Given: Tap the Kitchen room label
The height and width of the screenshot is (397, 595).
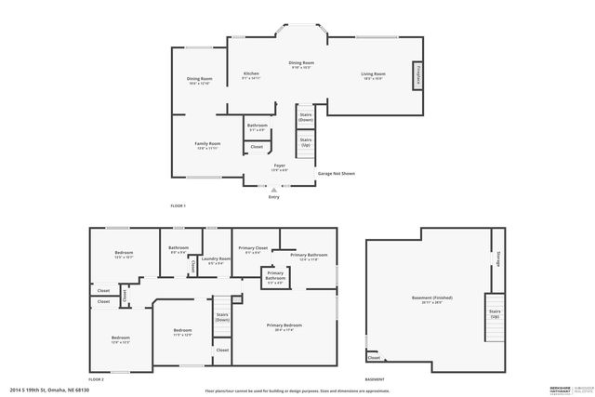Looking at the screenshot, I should point(251,76).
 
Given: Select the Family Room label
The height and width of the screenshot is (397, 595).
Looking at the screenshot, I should point(207,145).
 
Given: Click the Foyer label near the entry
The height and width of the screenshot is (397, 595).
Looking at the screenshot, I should point(279,166).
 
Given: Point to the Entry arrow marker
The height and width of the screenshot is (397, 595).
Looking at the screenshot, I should point(273,189).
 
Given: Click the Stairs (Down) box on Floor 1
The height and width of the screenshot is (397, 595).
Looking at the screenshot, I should point(305,117).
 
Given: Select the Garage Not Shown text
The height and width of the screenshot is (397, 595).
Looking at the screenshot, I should point(337,174).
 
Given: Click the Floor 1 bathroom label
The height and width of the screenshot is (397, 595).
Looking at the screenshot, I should point(258,127).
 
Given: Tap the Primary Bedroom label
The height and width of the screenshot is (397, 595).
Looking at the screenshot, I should point(284,327).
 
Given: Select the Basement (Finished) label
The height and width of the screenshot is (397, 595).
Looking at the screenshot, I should point(432,299).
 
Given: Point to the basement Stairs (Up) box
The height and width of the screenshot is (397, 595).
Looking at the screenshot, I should point(495,313).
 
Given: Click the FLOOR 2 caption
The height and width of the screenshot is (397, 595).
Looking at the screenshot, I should point(96,379).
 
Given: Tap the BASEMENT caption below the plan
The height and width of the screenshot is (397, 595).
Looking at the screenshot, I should point(375,379).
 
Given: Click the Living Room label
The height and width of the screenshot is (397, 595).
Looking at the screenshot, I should point(374,76).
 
